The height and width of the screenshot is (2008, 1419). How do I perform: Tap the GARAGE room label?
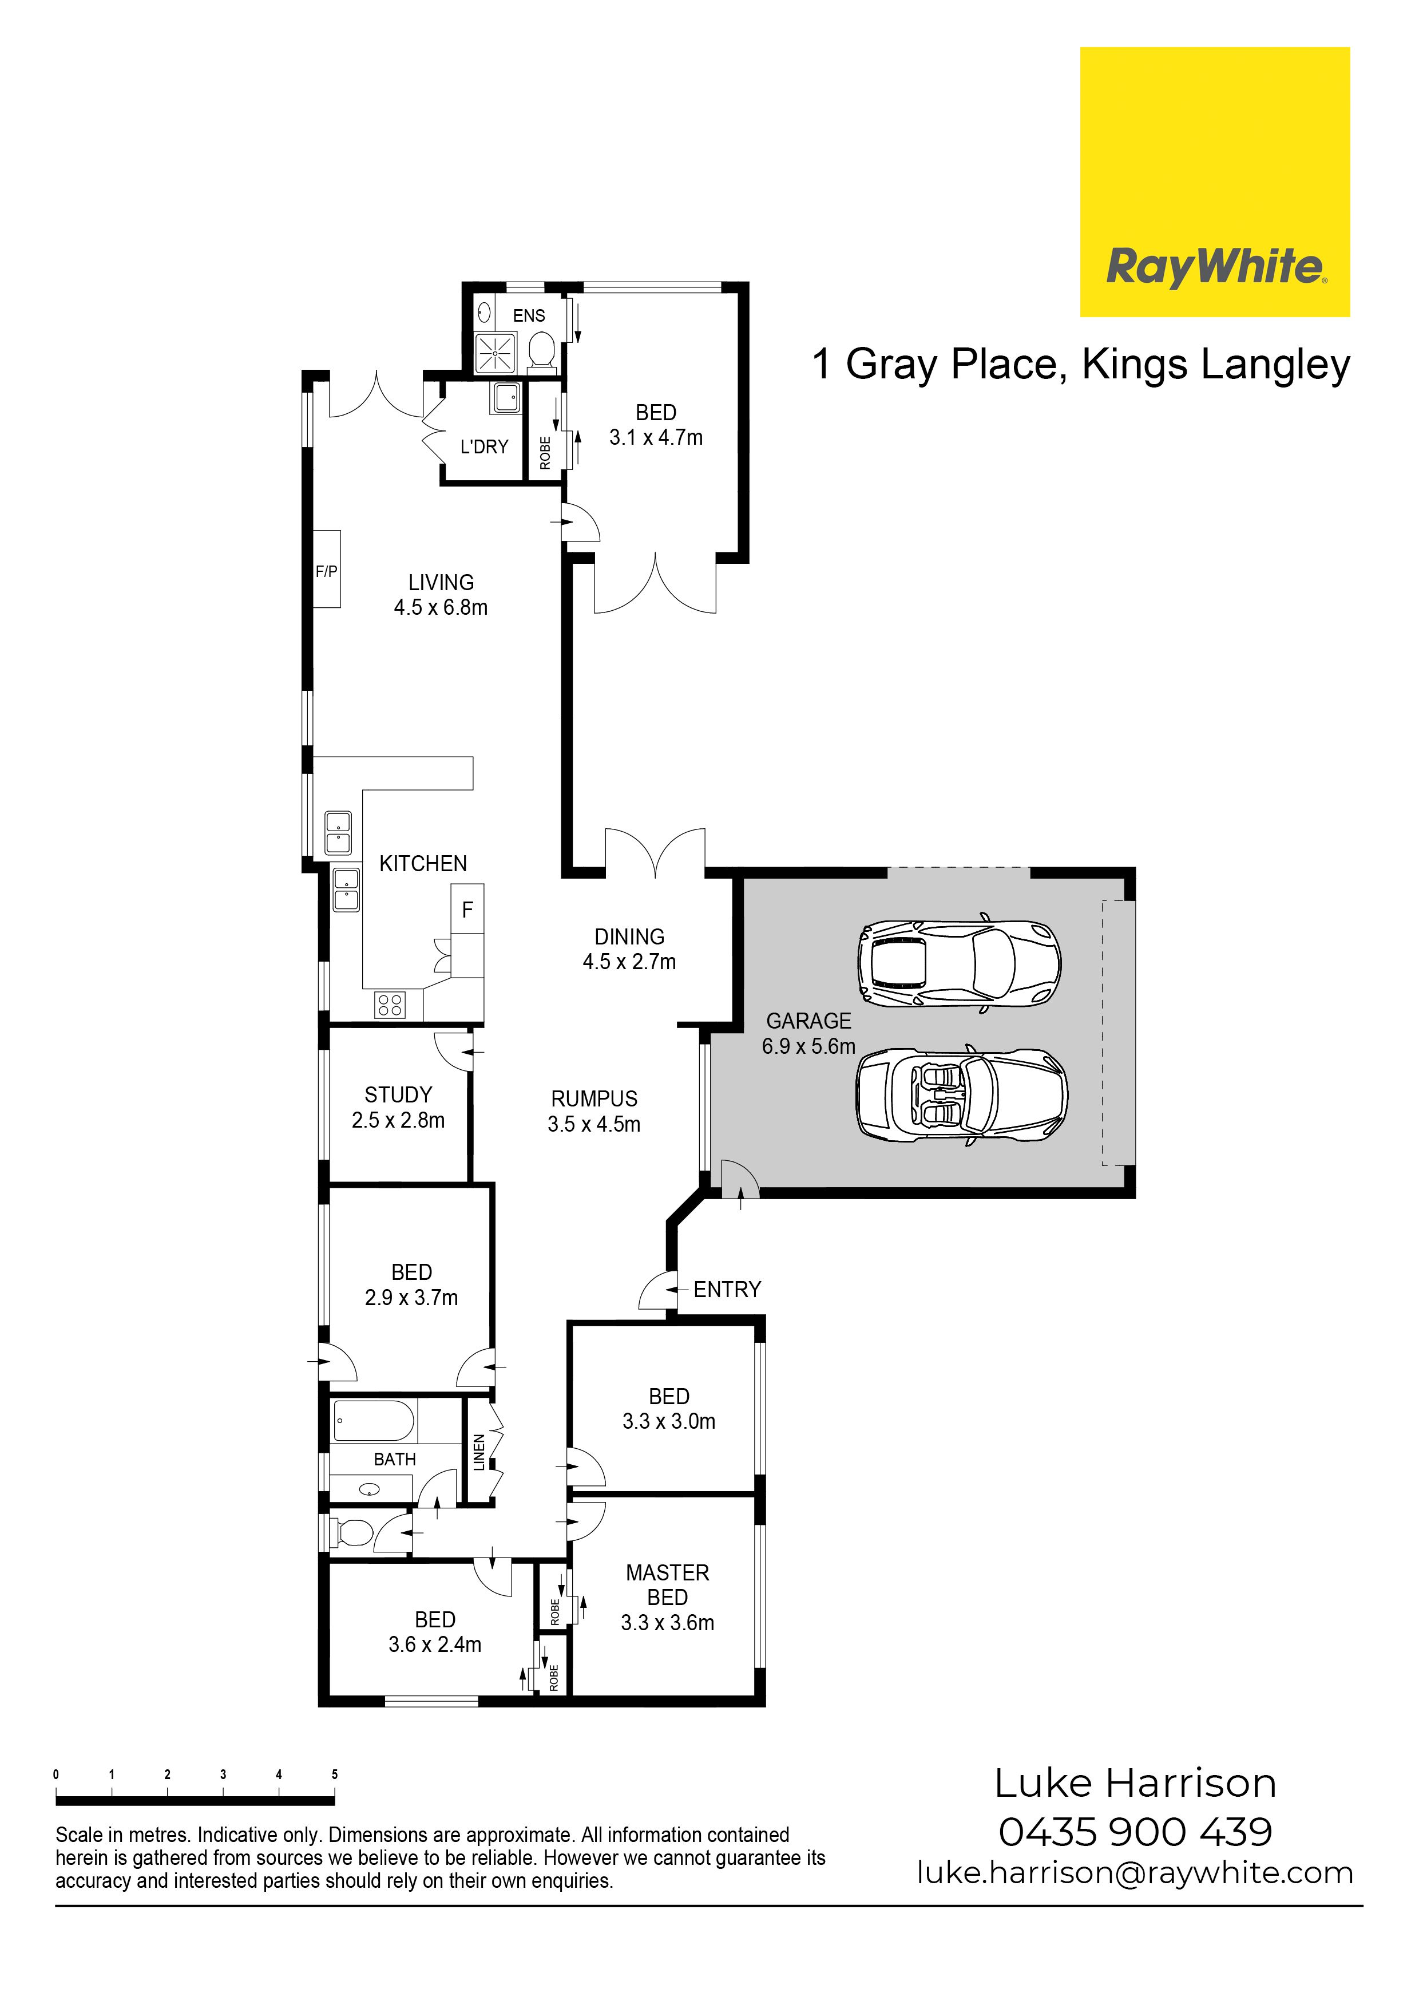[x=808, y=1021]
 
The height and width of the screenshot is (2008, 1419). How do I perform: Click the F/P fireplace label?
[x=326, y=571]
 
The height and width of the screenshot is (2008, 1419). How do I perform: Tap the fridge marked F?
[x=467, y=910]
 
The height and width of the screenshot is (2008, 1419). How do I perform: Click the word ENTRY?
[x=727, y=1289]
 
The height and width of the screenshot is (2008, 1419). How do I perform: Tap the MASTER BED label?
[x=667, y=1585]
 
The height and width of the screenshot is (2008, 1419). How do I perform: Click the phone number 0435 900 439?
[x=1135, y=1831]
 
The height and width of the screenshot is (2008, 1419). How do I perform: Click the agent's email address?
[x=1135, y=1872]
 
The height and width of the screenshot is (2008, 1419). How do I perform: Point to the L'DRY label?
[x=485, y=447]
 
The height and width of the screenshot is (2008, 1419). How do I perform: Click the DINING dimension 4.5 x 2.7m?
[x=629, y=962]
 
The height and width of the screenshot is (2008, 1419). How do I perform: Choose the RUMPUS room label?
[x=594, y=1098]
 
